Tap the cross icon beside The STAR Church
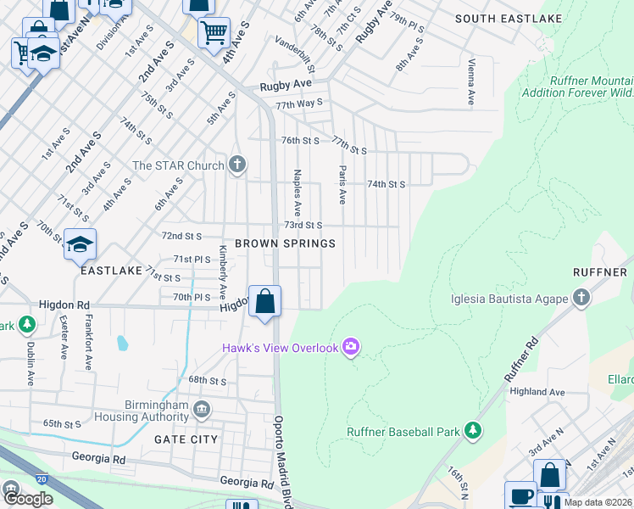point(237,165)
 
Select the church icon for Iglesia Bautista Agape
point(581,298)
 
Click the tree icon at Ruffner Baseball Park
point(473,432)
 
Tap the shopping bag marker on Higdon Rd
point(265,301)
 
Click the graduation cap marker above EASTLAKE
point(80,244)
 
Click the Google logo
point(28,499)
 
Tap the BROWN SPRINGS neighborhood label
point(285,243)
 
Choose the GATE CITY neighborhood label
point(186,439)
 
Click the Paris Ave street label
point(342,185)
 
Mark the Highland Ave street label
point(537,392)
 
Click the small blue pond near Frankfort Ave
point(123,344)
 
